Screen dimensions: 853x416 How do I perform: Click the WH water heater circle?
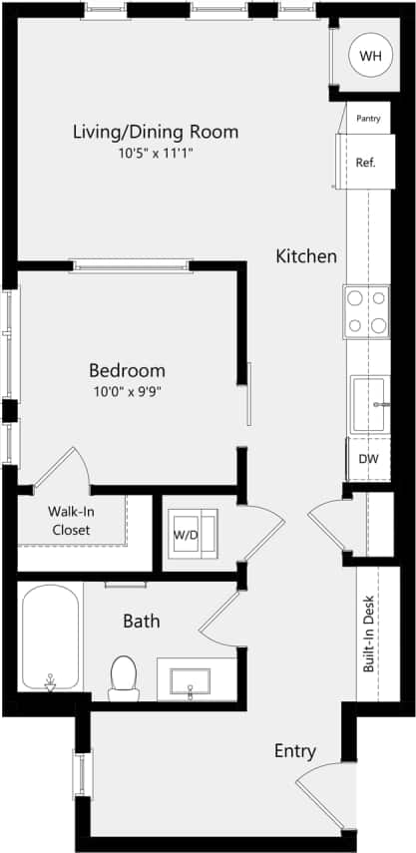click(370, 57)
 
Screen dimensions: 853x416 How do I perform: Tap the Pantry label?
click(367, 119)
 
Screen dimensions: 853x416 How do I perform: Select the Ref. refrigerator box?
click(365, 162)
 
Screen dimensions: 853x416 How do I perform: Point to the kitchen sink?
click(368, 404)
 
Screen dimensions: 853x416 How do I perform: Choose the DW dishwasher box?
click(368, 459)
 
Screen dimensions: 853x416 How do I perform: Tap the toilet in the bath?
click(124, 675)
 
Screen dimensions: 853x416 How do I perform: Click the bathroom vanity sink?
click(190, 680)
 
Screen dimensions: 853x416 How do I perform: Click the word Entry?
click(295, 751)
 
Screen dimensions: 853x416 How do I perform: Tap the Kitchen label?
click(306, 256)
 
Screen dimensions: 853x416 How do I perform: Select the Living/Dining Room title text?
click(156, 131)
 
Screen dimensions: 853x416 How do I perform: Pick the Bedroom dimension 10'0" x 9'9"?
click(126, 391)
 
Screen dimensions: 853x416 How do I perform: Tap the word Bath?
click(141, 621)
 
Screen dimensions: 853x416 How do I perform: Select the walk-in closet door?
click(65, 469)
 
